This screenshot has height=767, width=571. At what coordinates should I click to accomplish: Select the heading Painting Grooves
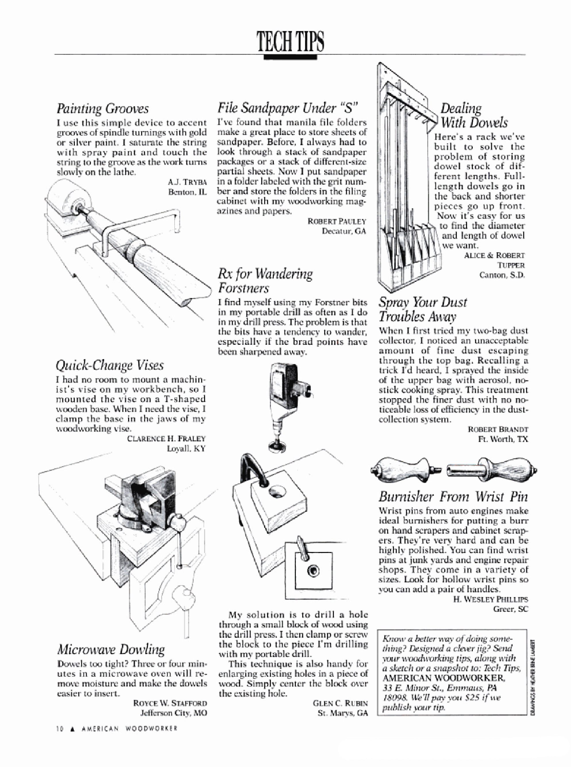point(103,109)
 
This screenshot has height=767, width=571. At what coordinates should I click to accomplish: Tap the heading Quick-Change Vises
point(109,365)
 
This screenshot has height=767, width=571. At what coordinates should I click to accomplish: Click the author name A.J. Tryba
point(187,182)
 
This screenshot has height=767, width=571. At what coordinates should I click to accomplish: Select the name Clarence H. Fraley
point(166,439)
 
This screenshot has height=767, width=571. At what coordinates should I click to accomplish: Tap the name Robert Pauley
point(336,221)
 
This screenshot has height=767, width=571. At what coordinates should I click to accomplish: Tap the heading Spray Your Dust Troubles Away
point(423,309)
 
